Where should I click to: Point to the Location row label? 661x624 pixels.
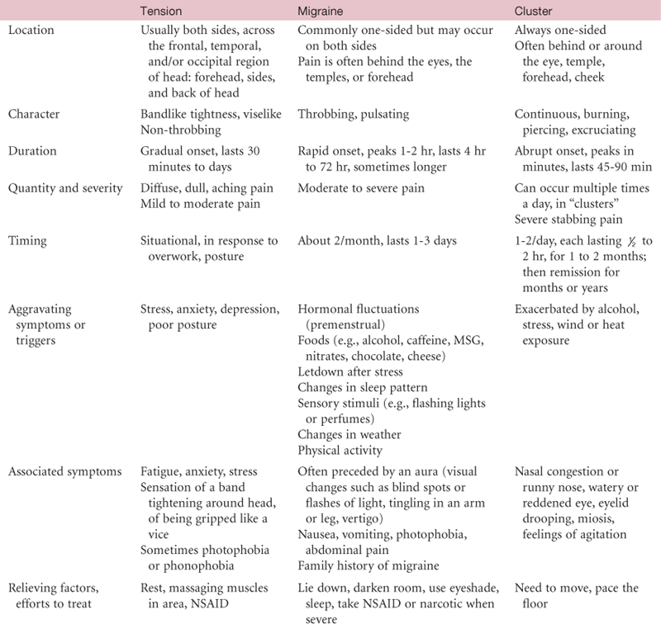click(31, 31)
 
